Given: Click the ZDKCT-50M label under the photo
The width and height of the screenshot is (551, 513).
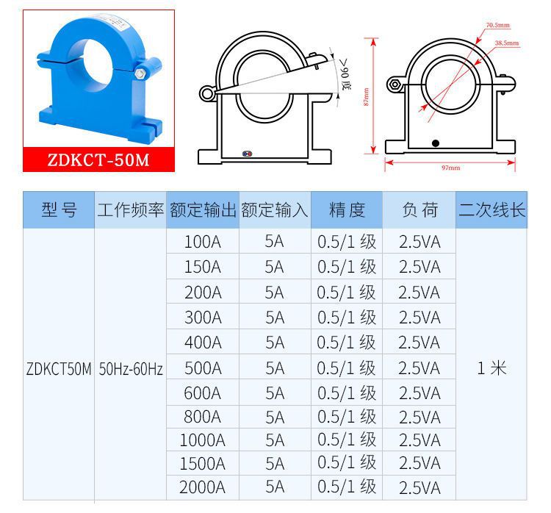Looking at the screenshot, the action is [98, 160].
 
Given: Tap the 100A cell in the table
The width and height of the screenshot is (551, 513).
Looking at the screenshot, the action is [202, 242].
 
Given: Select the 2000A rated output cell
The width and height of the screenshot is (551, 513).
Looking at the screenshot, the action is [202, 487].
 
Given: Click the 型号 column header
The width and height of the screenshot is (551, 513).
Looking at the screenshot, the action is [59, 211].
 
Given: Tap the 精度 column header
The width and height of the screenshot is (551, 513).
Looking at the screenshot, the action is [347, 211].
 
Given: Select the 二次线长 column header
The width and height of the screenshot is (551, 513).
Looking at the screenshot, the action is [491, 211].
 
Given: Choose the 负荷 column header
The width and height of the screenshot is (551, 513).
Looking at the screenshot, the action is [419, 211].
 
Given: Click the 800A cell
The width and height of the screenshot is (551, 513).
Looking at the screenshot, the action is [202, 417].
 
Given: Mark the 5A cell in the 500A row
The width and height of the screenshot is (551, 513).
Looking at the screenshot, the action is [275, 367].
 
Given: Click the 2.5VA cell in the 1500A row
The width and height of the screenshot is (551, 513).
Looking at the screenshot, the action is [419, 464].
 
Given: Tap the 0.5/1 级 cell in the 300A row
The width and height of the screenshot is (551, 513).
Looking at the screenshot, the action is [347, 317].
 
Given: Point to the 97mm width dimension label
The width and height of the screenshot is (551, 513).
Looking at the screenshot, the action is [450, 168].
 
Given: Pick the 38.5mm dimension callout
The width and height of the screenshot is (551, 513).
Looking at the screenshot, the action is [506, 43].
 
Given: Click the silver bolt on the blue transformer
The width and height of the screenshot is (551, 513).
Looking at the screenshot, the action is [140, 73].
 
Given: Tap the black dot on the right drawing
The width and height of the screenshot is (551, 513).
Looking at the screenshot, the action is [435, 143].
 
